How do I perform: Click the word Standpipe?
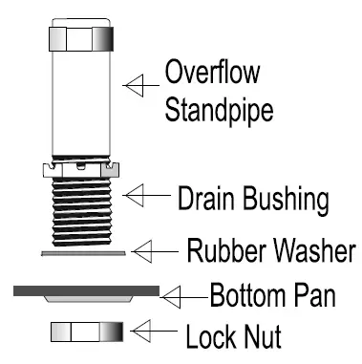pyautogui.click(x=218, y=109)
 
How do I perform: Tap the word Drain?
pyautogui.click(x=202, y=200)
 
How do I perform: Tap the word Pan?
pyautogui.click(x=315, y=294)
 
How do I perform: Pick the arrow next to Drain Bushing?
pyautogui.click(x=147, y=200)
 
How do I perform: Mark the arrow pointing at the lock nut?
pyautogui.click(x=151, y=333)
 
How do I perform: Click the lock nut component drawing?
pyautogui.click(x=87, y=333)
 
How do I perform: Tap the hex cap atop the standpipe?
pyautogui.click(x=81, y=39)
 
